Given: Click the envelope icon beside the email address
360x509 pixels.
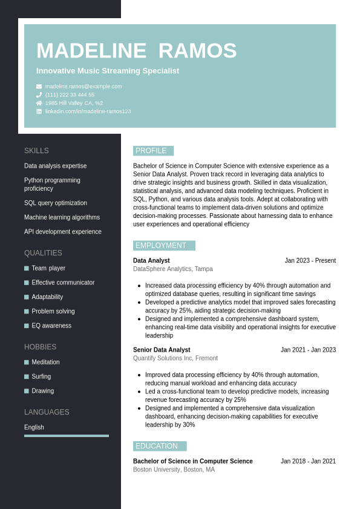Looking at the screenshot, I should point(39,87).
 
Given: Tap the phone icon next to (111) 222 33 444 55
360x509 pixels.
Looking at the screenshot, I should point(39,95).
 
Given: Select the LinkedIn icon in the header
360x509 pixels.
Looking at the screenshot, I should point(39,111).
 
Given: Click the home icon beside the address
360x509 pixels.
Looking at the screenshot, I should point(39,103).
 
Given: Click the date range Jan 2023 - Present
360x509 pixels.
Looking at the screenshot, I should point(310,261).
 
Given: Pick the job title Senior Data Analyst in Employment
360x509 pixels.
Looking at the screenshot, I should point(162,350).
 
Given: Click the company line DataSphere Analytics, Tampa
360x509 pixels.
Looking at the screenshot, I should point(172,269).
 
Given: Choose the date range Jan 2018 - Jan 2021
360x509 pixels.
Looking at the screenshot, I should point(308,461).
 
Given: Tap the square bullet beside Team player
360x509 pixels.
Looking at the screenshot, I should point(27,268).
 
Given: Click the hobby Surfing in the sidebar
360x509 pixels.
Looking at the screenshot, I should point(41,376).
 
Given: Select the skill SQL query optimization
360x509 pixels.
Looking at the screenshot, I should point(56,203).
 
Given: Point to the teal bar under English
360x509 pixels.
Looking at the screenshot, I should point(67,436).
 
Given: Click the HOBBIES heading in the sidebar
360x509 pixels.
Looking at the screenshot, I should point(40,347).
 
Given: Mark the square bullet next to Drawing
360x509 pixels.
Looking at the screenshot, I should point(27,391).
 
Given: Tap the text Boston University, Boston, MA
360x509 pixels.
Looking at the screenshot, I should point(174,470).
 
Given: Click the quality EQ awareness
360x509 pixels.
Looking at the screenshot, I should point(51,326).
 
